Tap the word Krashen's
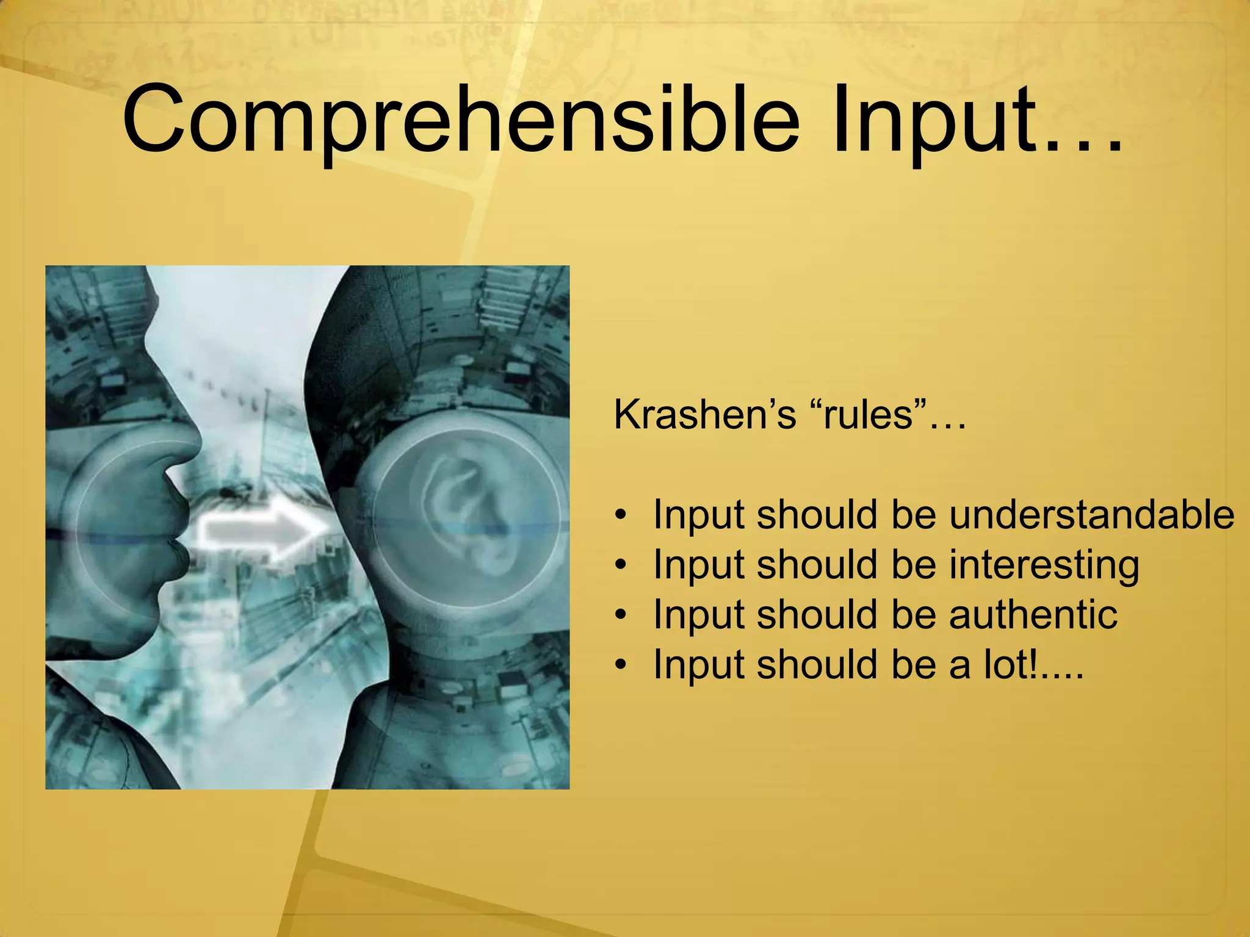[x=705, y=415]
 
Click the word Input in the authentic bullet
[x=698, y=615]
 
